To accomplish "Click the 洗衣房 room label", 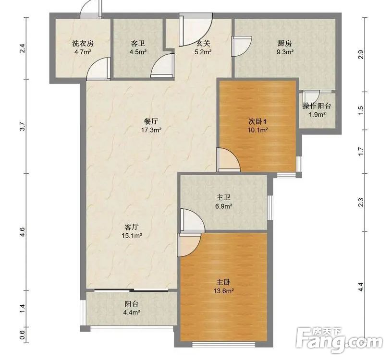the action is coord(83,44).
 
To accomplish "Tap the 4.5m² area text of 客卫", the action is coord(138,52).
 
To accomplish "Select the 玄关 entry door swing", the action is coord(195,30).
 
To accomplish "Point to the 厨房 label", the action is coord(285,44).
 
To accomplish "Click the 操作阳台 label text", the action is coord(317,106).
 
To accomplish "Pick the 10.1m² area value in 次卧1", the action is coord(257,130).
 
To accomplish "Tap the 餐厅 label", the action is coord(151,121).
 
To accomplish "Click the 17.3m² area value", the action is coord(151,130).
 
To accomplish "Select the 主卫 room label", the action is coord(223,198).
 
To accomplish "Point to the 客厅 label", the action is coord(132,227).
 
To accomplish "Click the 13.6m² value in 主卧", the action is coord(223,290).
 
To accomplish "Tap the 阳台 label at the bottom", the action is coord(132,304).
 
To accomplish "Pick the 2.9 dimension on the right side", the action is coord(360,54).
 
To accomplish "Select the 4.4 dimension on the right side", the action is coord(360,287).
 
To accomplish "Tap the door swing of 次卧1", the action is coord(228,159).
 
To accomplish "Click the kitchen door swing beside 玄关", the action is coord(242,47).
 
